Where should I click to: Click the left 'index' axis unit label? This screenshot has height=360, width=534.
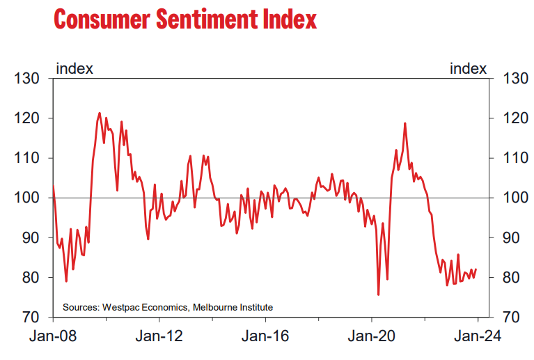(74, 68)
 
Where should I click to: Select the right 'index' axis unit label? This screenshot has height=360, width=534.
(469, 68)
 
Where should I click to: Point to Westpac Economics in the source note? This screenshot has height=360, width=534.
(145, 307)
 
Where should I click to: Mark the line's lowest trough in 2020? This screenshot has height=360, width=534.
(378, 295)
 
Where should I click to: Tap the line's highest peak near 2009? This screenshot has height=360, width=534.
(100, 113)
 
